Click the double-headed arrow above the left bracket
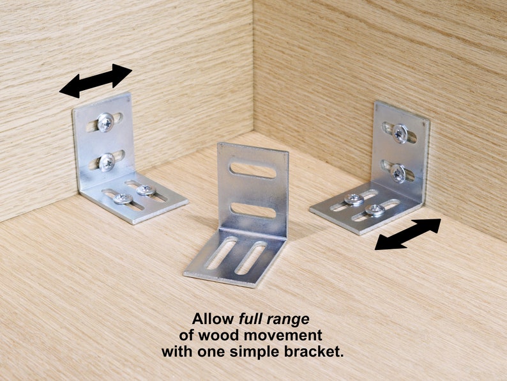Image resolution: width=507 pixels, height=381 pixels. click(96, 81)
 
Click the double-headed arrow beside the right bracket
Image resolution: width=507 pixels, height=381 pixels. click(407, 234)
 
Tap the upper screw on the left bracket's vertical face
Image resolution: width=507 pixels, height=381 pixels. click(105, 121)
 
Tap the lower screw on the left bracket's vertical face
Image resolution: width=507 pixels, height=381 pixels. click(107, 162)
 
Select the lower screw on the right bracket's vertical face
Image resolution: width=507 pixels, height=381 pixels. click(398, 172)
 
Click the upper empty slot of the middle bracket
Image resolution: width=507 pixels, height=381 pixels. click(253, 170)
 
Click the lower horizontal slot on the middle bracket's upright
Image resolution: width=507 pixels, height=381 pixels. click(253, 210)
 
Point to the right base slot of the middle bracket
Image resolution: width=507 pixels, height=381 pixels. click(250, 257)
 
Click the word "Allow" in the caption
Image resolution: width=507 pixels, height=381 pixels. click(211, 318)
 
